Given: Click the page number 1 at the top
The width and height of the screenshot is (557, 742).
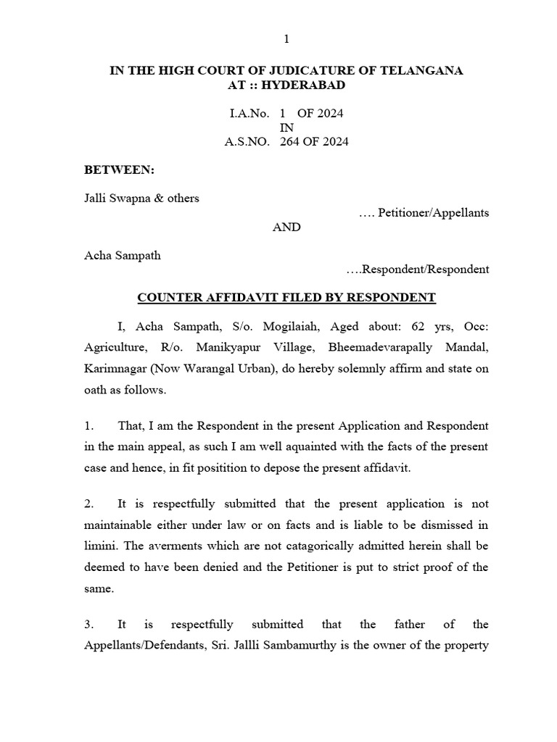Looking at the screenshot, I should [286, 38].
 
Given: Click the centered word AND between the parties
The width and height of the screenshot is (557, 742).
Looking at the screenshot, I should [286, 227].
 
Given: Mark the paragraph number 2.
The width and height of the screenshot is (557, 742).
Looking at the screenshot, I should [87, 504].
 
